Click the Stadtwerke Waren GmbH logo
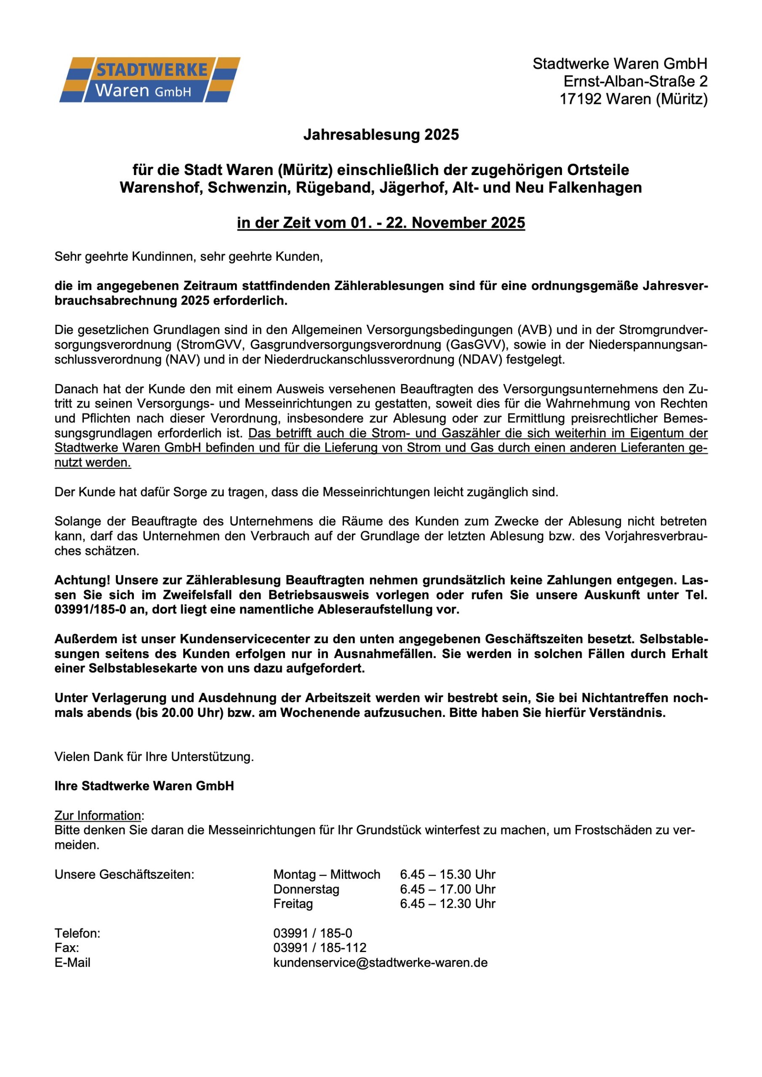coord(149,80)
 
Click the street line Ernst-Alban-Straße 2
coord(635,82)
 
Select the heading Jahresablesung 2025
coord(381,135)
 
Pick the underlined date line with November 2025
coord(381,223)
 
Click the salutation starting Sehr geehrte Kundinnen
coord(189,257)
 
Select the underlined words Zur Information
coord(98,816)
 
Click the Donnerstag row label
coord(306,889)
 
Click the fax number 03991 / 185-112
coord(319,948)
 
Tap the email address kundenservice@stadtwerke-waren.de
coord(380,963)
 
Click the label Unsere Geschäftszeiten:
coord(125,875)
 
